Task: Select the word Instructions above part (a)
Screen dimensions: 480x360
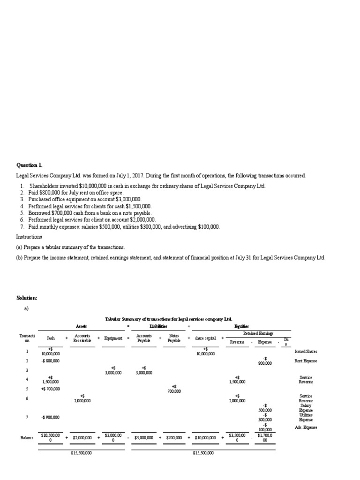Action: pos(29,237)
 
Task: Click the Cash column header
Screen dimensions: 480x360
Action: pos(50,338)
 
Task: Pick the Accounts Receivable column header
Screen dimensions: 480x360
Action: pos(82,338)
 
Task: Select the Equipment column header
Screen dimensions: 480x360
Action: pos(113,338)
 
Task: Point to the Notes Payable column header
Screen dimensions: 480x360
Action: pos(173,338)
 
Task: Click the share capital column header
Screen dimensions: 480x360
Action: pos(205,338)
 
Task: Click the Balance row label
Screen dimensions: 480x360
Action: pos(27,437)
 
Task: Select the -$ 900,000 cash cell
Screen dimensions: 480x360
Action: pos(50,417)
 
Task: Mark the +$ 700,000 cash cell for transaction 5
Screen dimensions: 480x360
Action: pos(50,389)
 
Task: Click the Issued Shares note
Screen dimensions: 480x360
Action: pos(306,351)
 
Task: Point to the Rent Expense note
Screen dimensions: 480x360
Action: pos(306,361)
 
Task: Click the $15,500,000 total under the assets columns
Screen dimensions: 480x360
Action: pos(81,453)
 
